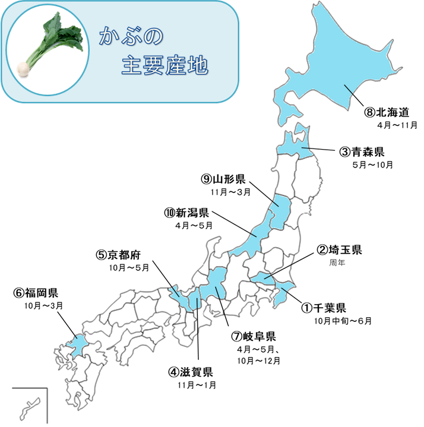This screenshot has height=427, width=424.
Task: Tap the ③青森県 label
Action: click(x=363, y=151)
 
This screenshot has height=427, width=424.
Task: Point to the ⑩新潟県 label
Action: click(x=186, y=212)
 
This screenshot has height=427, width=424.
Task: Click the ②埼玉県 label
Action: click(x=340, y=249)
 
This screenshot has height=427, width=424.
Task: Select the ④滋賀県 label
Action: click(x=190, y=372)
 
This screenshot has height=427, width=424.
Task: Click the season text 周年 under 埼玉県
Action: click(x=337, y=261)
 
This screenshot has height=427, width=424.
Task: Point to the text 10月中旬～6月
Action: click(x=343, y=321)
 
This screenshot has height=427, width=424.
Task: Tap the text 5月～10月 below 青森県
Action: click(x=372, y=165)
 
